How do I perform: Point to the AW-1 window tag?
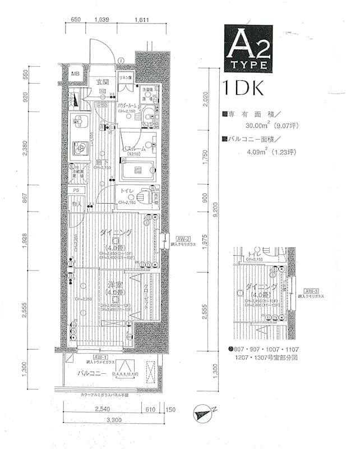[101, 357]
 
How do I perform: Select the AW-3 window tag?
[309, 290]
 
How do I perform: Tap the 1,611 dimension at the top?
[142, 20]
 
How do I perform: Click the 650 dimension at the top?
[76, 20]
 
